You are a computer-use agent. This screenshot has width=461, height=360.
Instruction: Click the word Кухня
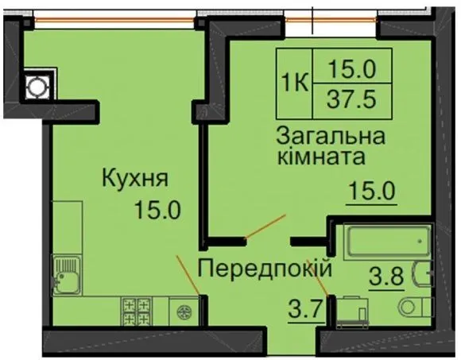click(135, 178)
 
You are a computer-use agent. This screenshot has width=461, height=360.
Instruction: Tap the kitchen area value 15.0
click(157, 210)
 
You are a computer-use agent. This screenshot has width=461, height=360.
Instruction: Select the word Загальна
click(331, 137)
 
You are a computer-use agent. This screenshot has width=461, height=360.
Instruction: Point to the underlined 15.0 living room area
click(372, 191)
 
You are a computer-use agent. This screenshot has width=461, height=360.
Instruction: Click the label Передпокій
click(265, 268)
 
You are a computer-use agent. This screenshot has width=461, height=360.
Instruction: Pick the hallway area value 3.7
click(306, 310)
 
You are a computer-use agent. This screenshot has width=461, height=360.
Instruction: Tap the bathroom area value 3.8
click(386, 277)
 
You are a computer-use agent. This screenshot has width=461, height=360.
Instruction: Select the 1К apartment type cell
click(294, 83)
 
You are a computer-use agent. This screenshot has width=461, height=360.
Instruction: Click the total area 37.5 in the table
click(351, 99)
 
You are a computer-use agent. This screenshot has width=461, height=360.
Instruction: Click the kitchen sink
click(67, 275)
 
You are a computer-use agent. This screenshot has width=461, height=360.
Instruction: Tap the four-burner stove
click(136, 312)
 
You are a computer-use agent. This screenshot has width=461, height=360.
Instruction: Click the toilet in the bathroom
click(415, 308)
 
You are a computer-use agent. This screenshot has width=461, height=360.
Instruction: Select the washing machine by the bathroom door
click(352, 312)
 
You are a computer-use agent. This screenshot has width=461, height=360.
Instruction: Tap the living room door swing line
click(265, 226)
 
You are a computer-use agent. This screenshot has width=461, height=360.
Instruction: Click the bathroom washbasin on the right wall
click(423, 273)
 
